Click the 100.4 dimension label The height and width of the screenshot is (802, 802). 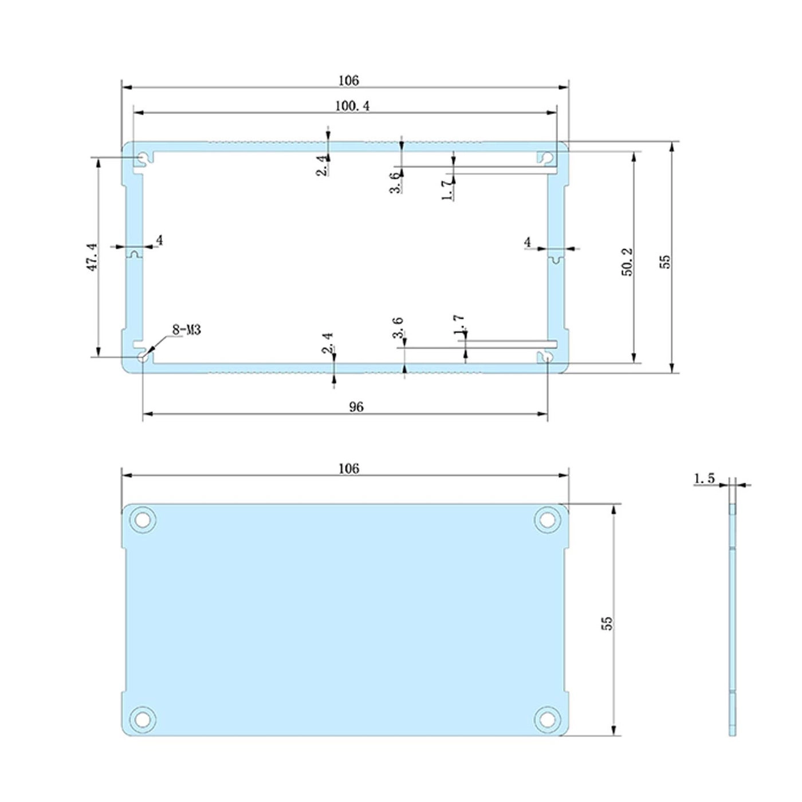(x=352, y=107)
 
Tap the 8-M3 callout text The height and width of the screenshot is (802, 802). (x=186, y=330)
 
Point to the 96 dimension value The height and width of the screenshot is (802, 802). (x=356, y=407)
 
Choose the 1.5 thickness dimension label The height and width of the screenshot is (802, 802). (x=704, y=478)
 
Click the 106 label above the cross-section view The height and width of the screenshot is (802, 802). (x=348, y=80)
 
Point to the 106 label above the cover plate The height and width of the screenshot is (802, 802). (x=348, y=469)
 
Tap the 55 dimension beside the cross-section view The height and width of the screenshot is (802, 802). (x=665, y=262)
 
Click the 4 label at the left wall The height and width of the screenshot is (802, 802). (x=159, y=241)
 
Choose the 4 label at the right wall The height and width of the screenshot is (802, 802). (x=528, y=242)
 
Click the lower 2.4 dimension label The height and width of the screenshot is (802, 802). (x=327, y=343)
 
